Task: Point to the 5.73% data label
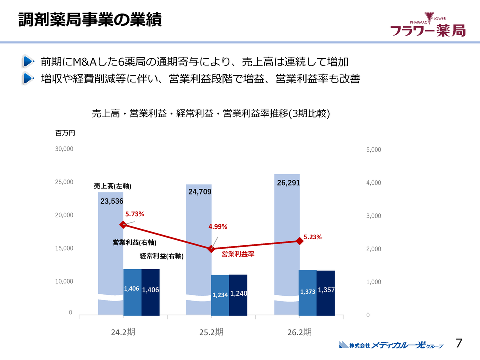[x=134, y=214]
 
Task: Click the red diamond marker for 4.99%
[x=211, y=248]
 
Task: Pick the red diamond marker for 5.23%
[x=299, y=241]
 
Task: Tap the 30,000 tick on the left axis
[x=64, y=149]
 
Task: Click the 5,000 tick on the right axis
[x=373, y=149]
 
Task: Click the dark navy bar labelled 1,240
[x=238, y=295]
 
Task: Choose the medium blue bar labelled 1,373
[x=308, y=292]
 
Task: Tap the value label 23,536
[x=112, y=202]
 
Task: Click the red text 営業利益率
[x=238, y=254]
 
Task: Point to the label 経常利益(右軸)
[x=162, y=256]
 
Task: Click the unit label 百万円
[x=65, y=133]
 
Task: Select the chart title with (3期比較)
[x=211, y=113]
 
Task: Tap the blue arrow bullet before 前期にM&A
[x=28, y=62]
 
